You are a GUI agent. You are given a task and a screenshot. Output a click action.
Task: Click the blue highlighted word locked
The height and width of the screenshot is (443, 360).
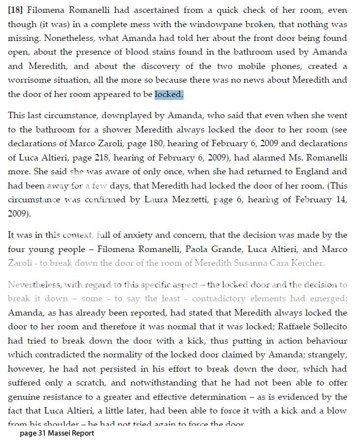pos(168,94)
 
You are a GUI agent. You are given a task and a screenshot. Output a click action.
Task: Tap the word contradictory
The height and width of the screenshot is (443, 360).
pos(231,299)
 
